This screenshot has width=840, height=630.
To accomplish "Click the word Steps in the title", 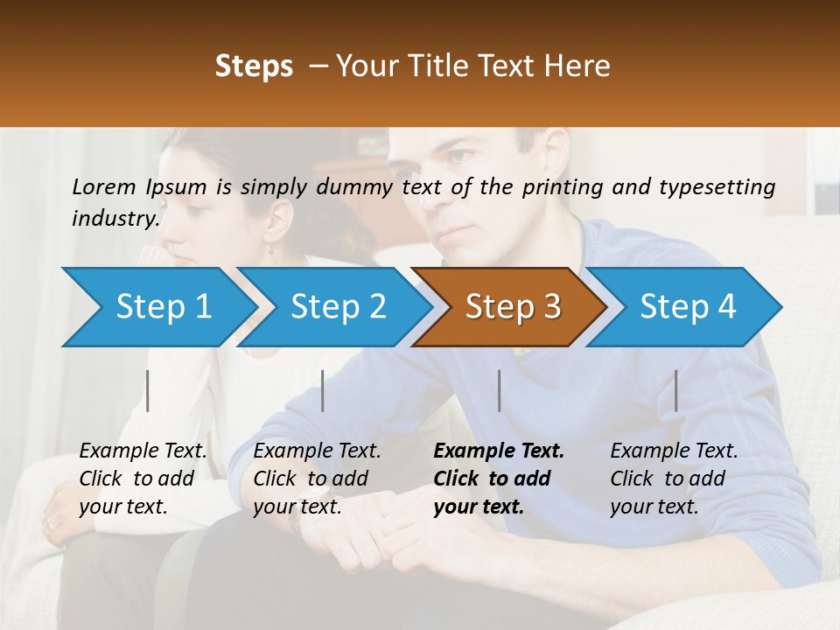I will point(254,66).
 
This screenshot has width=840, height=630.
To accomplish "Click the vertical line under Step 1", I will point(148,390).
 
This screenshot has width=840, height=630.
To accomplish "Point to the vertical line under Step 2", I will point(323,390).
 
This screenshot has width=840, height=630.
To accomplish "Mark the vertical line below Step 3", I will point(500,390).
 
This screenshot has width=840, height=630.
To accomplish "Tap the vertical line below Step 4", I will point(676,390).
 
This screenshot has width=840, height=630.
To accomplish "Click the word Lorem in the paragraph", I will point(104,186).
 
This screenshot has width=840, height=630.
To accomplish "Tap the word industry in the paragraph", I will point(114,218).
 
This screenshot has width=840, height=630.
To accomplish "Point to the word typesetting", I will point(717,186).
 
